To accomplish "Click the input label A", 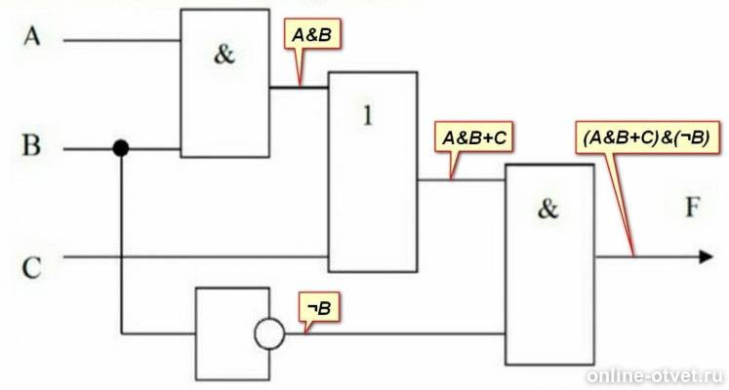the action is pos(31,36).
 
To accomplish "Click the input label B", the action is pos(31,145).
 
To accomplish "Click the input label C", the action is pos(31,268).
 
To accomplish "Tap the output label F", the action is pos(692,207).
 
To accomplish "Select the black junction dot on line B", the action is pos(121,148).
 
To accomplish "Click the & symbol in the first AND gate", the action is pos(224,55).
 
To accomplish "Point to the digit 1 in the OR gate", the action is pos(368,115).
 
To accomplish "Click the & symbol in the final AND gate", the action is pos(547,209).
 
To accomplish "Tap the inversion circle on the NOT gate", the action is pos(269,333).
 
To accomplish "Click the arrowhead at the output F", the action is pos(706,256).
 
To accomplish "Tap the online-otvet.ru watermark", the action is pos(656,376).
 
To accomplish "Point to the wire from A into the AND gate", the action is pos(122,40).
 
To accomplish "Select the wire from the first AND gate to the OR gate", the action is pos(299,88).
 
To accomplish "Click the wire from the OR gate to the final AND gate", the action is pos(462,179).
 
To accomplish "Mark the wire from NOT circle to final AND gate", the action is pos(395,333).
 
